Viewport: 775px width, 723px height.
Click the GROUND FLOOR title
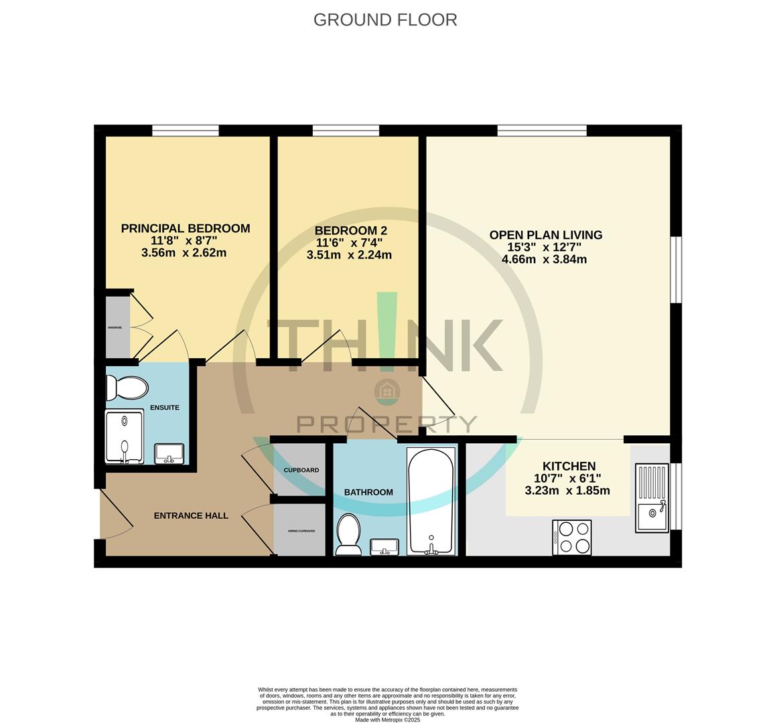pyautogui.click(x=385, y=20)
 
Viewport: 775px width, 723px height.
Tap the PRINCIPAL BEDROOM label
pyautogui.click(x=186, y=228)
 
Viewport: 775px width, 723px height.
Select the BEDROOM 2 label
pyautogui.click(x=351, y=230)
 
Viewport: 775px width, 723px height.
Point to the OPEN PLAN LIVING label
pyautogui.click(x=545, y=235)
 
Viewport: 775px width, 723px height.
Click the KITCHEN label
pyautogui.click(x=568, y=466)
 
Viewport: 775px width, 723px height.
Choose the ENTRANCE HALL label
pyautogui.click(x=191, y=515)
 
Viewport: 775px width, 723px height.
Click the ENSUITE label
pyautogui.click(x=165, y=407)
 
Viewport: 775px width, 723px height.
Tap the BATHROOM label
pyautogui.click(x=368, y=492)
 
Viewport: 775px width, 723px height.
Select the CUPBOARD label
pyautogui.click(x=301, y=470)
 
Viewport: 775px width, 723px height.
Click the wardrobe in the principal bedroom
pyautogui.click(x=117, y=327)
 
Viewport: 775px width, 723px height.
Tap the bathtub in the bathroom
pyautogui.click(x=431, y=501)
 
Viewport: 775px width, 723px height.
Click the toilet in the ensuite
pyautogui.click(x=127, y=388)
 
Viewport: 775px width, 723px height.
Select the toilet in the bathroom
pyautogui.click(x=348, y=534)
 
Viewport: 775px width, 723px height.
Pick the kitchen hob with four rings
pyautogui.click(x=572, y=538)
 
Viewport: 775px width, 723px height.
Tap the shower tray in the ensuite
pyautogui.click(x=125, y=436)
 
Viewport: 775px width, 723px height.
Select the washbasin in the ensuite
pyautogui.click(x=170, y=453)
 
